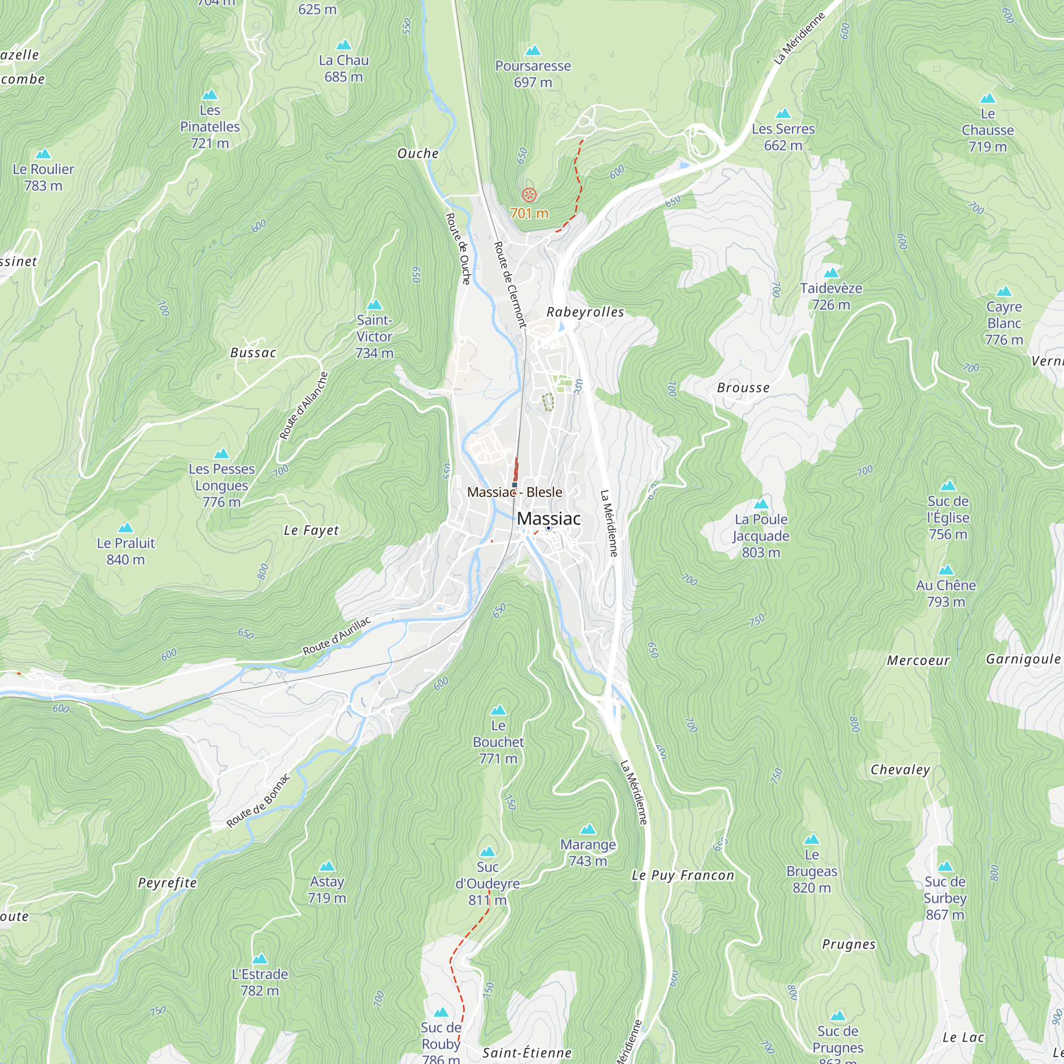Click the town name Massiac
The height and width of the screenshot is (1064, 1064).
[x=548, y=519]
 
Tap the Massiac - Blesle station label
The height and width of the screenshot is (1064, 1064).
[x=514, y=492]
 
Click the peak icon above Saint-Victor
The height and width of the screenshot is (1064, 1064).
[x=375, y=304]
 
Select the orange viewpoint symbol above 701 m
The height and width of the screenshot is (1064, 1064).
[x=529, y=194]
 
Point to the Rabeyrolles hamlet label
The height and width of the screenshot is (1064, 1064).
[x=585, y=312]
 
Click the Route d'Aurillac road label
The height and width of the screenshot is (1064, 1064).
[x=337, y=637]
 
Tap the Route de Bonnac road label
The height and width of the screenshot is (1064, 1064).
[x=259, y=801]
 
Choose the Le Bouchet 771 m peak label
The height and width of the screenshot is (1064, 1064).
[x=498, y=742]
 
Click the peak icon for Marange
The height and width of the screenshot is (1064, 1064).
[x=588, y=829]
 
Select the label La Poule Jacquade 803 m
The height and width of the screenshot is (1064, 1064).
[x=761, y=536]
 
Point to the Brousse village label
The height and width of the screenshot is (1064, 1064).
[x=743, y=388]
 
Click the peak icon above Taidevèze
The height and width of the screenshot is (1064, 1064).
[x=831, y=272]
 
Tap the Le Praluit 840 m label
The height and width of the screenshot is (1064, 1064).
[x=126, y=551]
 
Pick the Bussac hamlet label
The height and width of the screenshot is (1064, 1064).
[x=253, y=353]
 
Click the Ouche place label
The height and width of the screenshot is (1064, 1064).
[x=418, y=154]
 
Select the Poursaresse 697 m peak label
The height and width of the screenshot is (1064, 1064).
[x=533, y=74]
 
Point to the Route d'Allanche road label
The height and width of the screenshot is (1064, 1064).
[x=303, y=406]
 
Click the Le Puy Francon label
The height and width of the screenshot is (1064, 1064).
[x=683, y=875]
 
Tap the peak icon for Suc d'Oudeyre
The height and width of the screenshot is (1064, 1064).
[x=487, y=852]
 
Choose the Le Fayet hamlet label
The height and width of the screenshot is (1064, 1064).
[x=311, y=530]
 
